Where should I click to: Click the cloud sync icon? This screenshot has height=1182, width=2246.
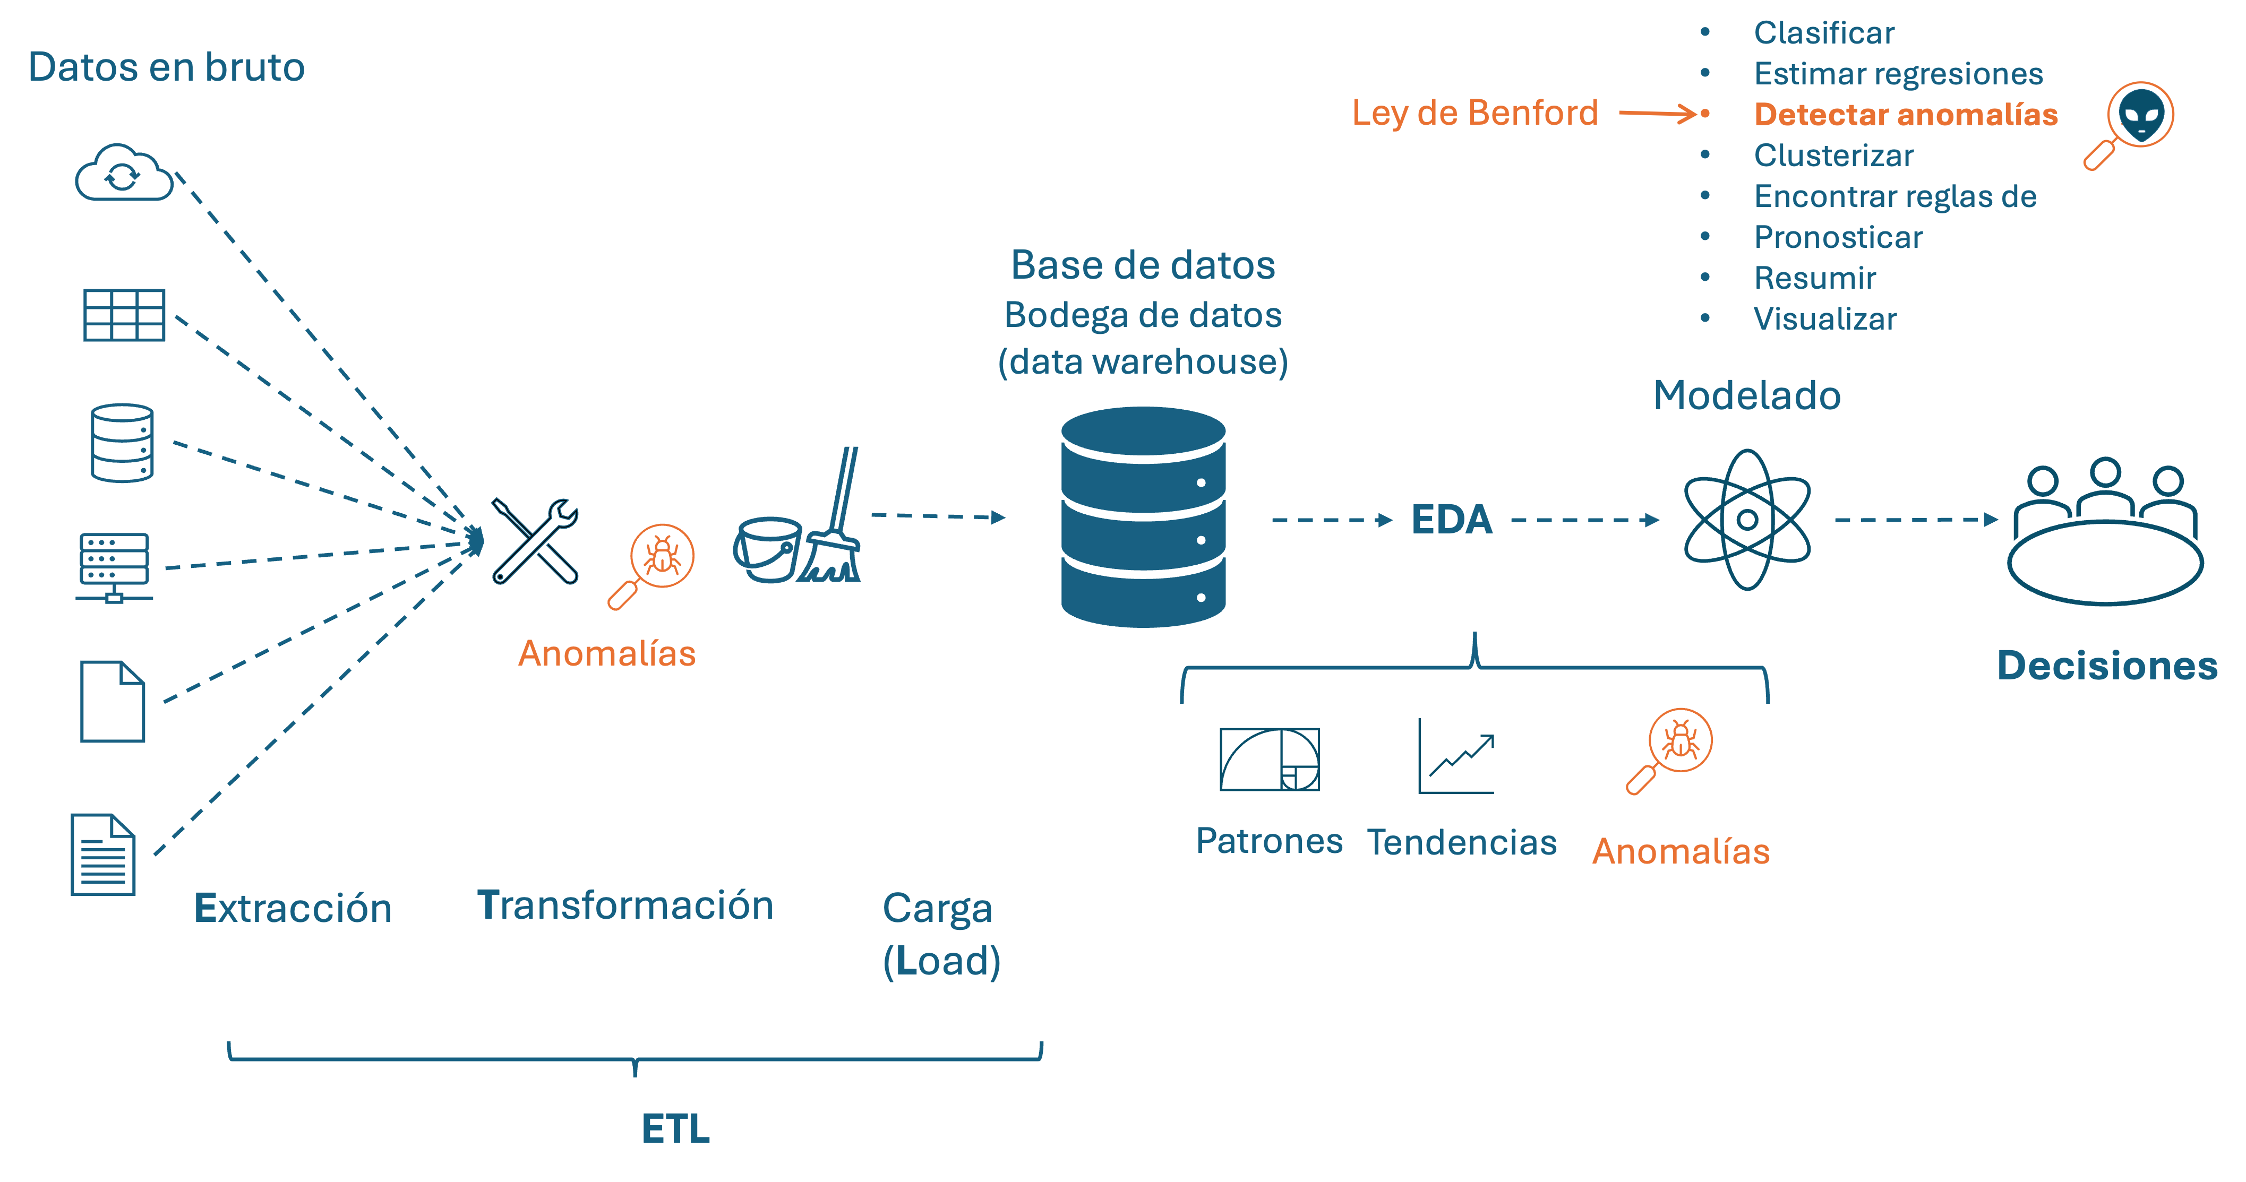point(124,174)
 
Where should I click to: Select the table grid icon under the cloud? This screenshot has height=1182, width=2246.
point(124,315)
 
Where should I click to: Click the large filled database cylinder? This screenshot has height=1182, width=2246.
point(1143,517)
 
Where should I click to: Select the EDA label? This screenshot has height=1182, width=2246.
point(1452,520)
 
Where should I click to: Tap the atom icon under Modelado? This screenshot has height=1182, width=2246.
point(1747,520)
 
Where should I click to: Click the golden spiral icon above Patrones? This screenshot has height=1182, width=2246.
point(1270,759)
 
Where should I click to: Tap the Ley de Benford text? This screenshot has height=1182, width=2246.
point(1475,114)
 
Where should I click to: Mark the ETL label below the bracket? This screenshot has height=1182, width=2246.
point(676,1129)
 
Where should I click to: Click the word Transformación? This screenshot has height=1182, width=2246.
point(625,905)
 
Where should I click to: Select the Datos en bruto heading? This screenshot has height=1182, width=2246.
point(167,67)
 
